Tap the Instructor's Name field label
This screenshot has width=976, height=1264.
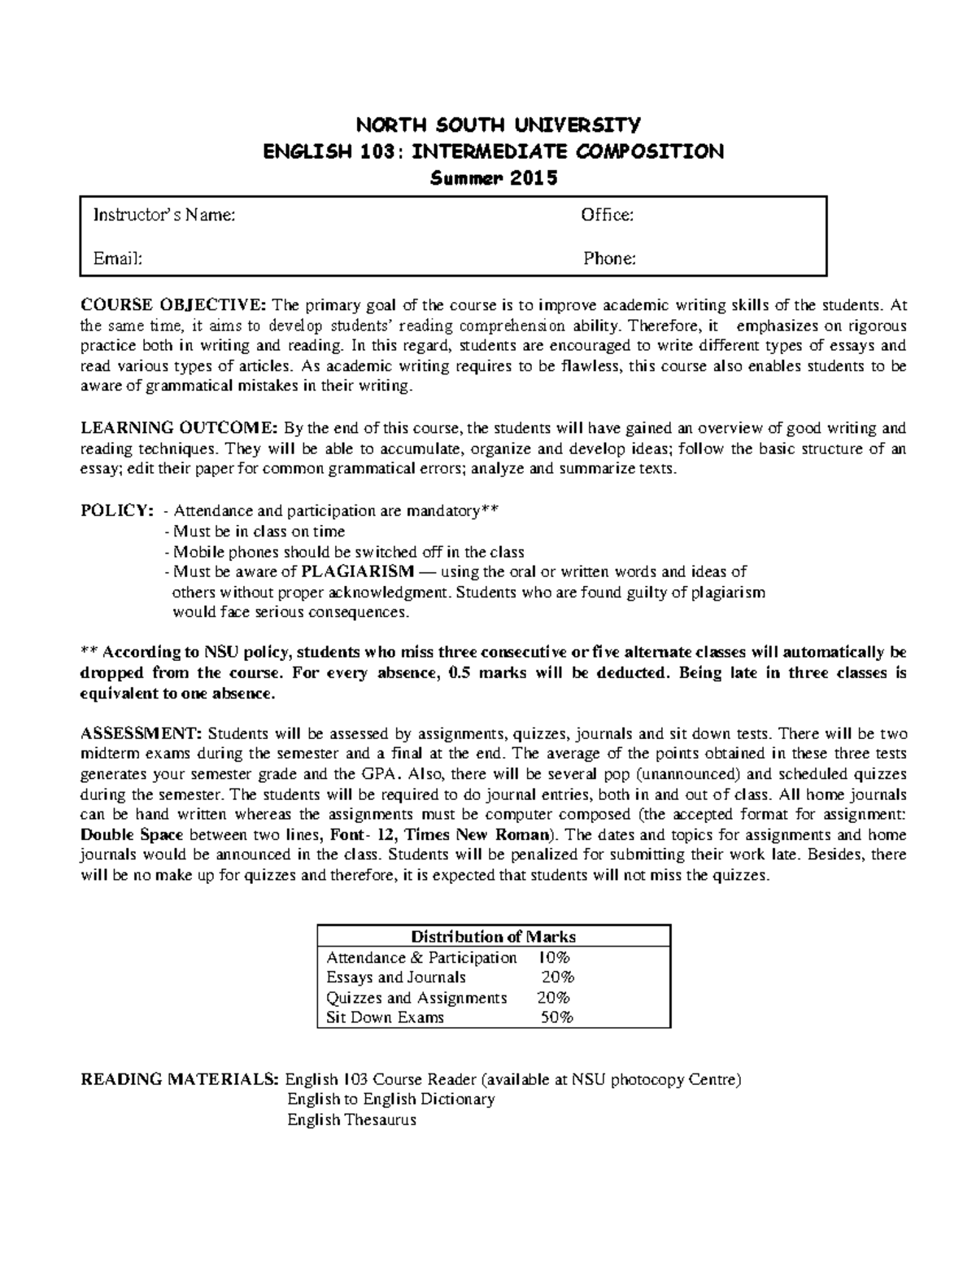(x=164, y=215)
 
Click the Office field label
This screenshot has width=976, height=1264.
(x=607, y=215)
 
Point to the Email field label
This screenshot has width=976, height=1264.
(x=117, y=259)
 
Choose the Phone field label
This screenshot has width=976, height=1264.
(x=609, y=259)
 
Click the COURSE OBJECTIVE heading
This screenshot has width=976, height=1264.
(x=172, y=306)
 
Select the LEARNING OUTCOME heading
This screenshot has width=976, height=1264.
(x=179, y=428)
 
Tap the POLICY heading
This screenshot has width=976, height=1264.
(x=115, y=511)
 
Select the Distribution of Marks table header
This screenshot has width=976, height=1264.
(x=494, y=937)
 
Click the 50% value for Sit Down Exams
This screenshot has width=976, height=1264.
(x=558, y=1017)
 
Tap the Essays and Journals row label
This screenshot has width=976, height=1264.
(x=395, y=978)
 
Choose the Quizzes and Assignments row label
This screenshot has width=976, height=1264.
(x=416, y=998)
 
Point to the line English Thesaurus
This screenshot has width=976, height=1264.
(x=351, y=1120)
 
